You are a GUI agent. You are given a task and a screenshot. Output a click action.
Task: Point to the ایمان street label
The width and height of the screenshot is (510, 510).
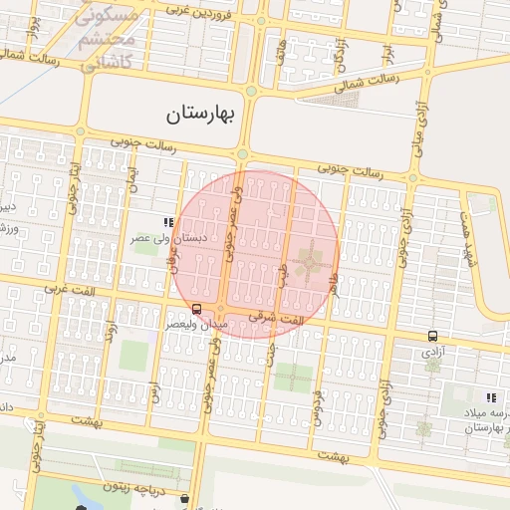(133, 176)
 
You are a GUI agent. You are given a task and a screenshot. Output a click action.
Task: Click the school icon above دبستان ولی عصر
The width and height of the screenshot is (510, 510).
(168, 223)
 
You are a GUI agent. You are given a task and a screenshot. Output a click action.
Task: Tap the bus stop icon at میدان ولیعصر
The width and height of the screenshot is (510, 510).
(196, 310)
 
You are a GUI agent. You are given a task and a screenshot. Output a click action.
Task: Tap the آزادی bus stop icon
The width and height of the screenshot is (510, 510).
(432, 336)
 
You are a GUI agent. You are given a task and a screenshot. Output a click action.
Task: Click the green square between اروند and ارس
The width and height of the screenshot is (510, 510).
(133, 356)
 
